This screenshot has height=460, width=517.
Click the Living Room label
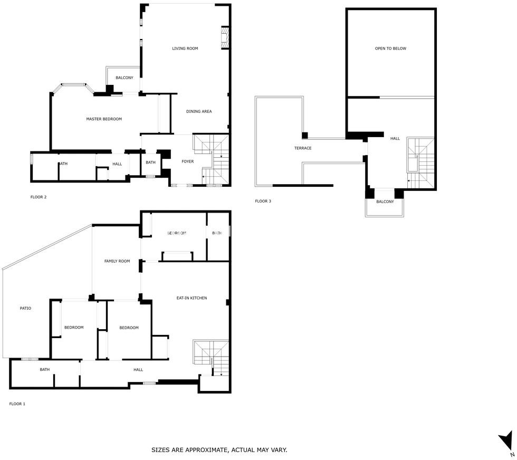[x=185, y=49]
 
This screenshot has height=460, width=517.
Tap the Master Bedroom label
[x=104, y=119]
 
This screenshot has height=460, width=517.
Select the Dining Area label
[x=199, y=111]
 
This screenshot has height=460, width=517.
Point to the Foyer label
[x=188, y=161]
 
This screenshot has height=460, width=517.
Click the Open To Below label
[x=390, y=49]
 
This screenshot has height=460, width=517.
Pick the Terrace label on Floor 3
[x=303, y=148]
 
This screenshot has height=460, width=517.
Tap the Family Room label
[x=117, y=261]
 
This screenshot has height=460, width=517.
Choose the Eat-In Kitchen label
[x=192, y=298]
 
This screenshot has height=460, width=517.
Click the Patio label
[x=25, y=308]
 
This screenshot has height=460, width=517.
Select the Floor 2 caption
[x=38, y=197]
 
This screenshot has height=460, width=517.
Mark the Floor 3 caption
[x=263, y=201]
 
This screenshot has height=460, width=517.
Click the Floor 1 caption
[x=17, y=404]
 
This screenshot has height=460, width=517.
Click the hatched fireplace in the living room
[x=225, y=37]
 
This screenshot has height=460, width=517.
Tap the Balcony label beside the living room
[x=125, y=78]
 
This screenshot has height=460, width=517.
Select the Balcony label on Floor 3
[x=385, y=202]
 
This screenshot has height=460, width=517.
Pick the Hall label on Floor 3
[x=395, y=139]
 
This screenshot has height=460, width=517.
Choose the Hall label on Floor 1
[x=138, y=370]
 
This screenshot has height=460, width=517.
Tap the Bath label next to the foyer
[x=150, y=162]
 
